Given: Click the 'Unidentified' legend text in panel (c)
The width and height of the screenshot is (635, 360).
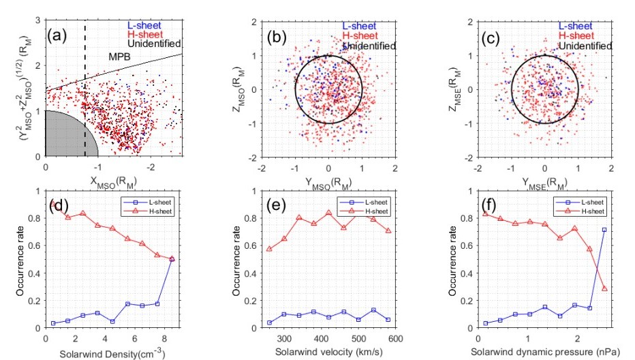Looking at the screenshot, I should click(x=585, y=46).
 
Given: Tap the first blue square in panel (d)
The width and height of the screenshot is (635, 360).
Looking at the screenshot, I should click(x=52, y=323).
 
